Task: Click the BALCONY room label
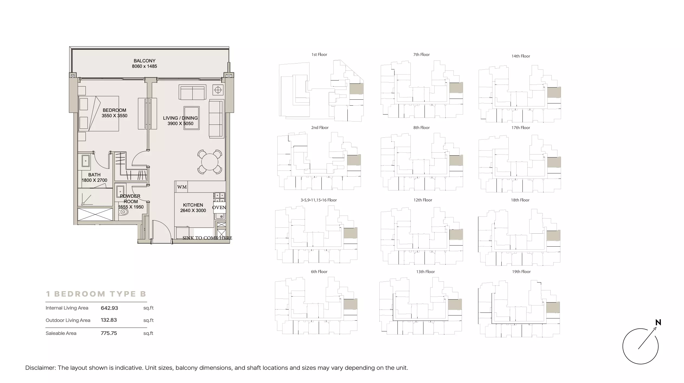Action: coord(144,61)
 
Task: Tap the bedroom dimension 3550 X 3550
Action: coord(114,116)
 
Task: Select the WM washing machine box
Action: coord(182,187)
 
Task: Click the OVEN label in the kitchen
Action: coord(219,207)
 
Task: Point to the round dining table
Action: coord(210,162)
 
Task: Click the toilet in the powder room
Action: coord(123,212)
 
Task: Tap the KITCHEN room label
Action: coord(193,205)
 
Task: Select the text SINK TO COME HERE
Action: coord(207,238)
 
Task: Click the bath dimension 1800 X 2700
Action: coord(94,180)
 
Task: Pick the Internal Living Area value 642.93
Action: coord(109,308)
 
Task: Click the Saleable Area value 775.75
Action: coord(109,333)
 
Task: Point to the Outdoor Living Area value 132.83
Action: coord(109,320)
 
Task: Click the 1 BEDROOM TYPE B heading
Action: coord(96,294)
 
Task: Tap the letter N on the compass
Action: coord(658,322)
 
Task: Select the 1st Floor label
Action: coord(319,55)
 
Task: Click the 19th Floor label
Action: coord(521,272)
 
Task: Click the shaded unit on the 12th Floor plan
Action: coord(456,234)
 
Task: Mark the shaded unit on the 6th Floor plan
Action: coord(350,304)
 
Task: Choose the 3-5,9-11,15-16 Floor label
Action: coord(319,200)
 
